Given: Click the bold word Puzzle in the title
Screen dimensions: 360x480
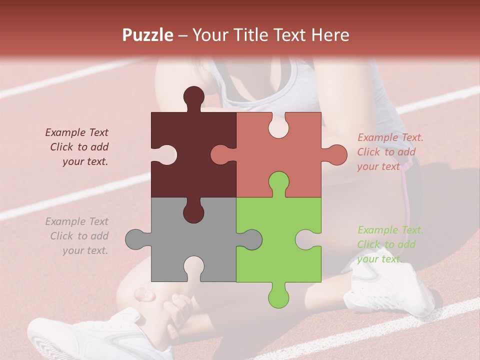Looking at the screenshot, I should click(x=148, y=35).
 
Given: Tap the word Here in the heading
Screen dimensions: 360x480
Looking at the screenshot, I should click(x=330, y=35).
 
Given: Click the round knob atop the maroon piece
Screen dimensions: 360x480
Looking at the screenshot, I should click(x=193, y=96).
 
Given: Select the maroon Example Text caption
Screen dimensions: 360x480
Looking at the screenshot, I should click(x=77, y=147).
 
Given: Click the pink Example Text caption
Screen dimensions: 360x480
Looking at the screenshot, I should click(x=389, y=152).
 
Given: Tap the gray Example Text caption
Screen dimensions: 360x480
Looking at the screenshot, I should click(x=77, y=236).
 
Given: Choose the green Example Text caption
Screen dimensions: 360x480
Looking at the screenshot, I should click(x=389, y=244).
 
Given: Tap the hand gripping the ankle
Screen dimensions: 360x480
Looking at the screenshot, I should click(x=177, y=310).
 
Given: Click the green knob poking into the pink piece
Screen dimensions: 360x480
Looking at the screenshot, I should click(x=278, y=182).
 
